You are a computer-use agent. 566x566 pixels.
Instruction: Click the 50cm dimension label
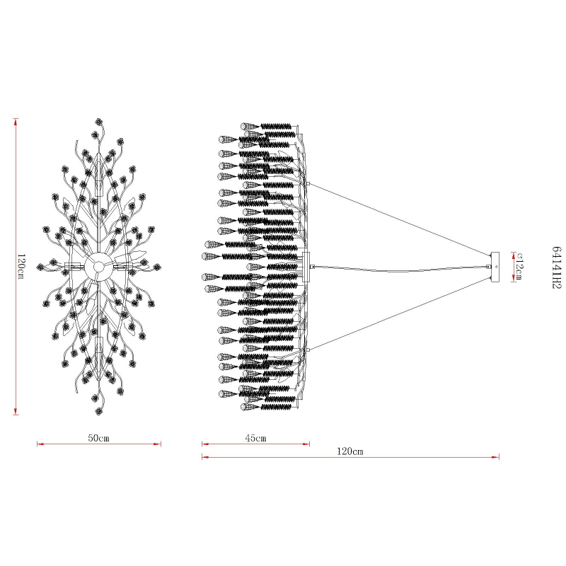[98, 438]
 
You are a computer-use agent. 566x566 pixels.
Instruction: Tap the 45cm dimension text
[255, 438]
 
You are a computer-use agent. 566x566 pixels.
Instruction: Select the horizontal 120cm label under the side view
[350, 451]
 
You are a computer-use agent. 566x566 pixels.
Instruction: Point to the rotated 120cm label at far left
[21, 267]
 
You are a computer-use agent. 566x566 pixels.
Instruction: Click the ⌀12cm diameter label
[519, 267]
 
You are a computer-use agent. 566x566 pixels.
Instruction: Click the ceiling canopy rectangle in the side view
[495, 267]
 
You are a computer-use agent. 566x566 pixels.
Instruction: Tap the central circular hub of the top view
[98, 267]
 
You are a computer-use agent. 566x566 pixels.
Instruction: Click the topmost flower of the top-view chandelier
[98, 122]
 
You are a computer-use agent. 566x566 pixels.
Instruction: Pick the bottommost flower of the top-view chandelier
[98, 411]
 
